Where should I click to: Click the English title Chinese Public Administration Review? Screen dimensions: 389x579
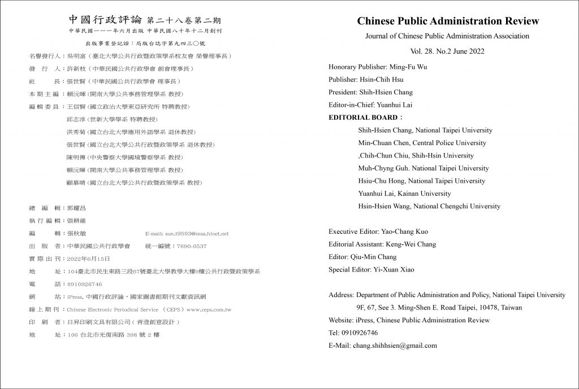(x=448, y=21)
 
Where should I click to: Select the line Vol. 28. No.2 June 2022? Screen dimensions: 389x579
(x=448, y=51)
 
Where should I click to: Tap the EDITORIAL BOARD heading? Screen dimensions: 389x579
(x=364, y=118)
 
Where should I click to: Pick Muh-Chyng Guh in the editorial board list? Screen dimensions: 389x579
(x=381, y=168)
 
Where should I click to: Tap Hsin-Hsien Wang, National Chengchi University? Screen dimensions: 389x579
(x=429, y=206)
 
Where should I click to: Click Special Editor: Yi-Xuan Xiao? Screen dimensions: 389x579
(x=371, y=269)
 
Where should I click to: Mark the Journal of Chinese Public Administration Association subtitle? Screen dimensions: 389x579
(x=448, y=36)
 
